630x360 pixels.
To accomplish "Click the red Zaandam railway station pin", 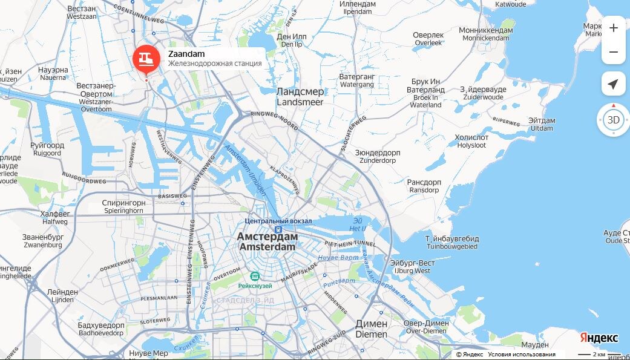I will (x=146, y=59).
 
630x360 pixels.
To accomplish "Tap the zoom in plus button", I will (x=613, y=28).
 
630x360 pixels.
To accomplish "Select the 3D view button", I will (x=613, y=120).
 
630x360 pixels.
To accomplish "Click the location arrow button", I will (x=613, y=83).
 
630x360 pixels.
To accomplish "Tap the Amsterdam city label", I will (x=267, y=241).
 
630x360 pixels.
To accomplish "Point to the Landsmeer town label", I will (x=300, y=97).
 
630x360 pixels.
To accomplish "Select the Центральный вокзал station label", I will (x=278, y=221).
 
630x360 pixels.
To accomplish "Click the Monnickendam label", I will (x=486, y=34).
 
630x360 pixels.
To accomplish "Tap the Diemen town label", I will (x=371, y=329).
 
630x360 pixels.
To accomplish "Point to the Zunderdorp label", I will (x=378, y=157).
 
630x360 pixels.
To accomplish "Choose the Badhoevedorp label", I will (x=101, y=329).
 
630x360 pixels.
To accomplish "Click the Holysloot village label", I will (x=471, y=141).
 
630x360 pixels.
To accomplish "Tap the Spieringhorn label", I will (x=123, y=207).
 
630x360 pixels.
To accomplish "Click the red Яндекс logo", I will (x=599, y=338).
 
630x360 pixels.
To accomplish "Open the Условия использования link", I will (x=521, y=355).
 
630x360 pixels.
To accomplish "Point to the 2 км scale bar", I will (x=591, y=354).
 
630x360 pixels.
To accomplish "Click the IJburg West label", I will (x=412, y=266).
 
